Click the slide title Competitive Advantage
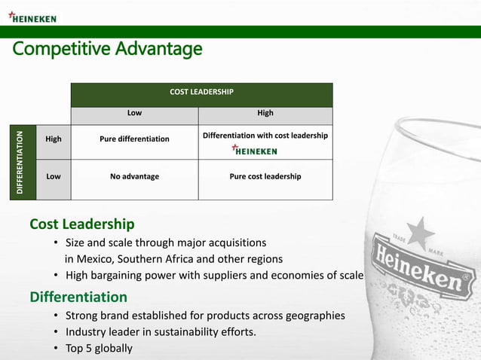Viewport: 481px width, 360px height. (x=106, y=50)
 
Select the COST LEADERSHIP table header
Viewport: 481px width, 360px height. (x=201, y=92)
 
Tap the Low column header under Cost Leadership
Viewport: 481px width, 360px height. (x=134, y=114)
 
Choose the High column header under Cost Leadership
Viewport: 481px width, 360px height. (x=265, y=114)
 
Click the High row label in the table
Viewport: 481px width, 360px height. (x=54, y=139)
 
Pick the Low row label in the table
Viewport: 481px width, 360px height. (x=54, y=177)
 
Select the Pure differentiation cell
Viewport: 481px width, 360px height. (x=134, y=139)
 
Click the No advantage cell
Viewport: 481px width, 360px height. (x=134, y=177)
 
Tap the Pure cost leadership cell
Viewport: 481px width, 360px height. (x=265, y=177)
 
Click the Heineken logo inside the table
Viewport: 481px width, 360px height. (x=254, y=151)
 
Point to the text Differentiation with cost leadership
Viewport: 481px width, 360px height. (x=265, y=136)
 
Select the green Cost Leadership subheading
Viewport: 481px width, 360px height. (x=82, y=224)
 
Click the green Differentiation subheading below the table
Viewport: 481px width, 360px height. (x=78, y=297)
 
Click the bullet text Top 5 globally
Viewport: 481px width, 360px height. (x=99, y=348)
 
